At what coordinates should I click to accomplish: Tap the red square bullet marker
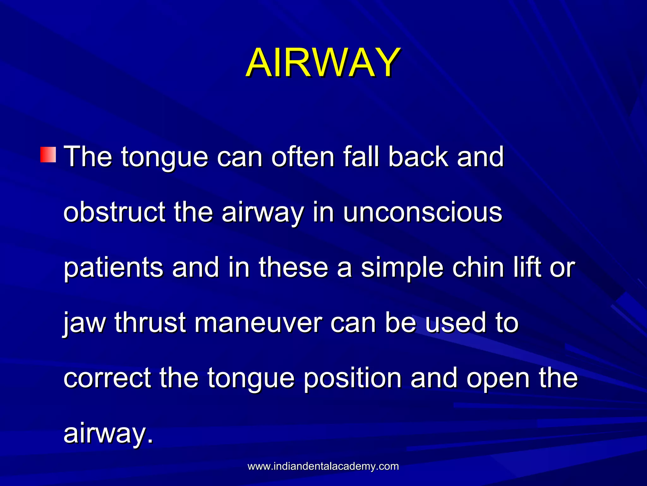(48, 155)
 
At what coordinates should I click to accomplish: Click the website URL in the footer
(323, 466)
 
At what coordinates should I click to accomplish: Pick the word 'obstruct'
(114, 212)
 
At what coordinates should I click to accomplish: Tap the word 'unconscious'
(422, 212)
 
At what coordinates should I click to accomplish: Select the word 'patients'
(113, 268)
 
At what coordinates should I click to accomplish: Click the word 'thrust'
(150, 323)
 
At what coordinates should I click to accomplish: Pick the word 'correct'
(107, 378)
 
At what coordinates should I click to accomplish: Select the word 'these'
(293, 268)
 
